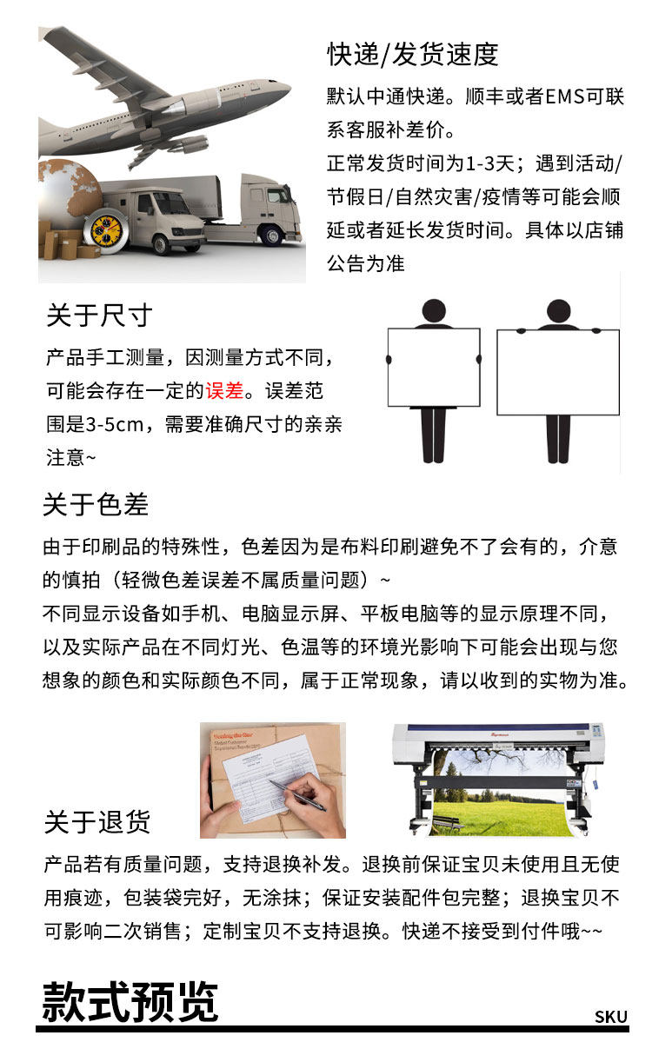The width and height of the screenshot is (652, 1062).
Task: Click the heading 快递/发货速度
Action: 413,55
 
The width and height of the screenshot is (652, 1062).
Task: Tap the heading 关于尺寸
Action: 99,315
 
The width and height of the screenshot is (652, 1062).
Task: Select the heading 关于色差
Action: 96,504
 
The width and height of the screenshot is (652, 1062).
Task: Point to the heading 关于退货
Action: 97,821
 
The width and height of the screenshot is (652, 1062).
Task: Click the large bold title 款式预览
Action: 130,1002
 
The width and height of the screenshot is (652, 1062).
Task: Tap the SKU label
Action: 611,1017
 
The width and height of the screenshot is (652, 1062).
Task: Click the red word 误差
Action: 224,390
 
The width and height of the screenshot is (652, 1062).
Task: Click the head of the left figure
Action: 433,311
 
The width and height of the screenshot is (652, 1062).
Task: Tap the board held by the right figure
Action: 557,372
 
